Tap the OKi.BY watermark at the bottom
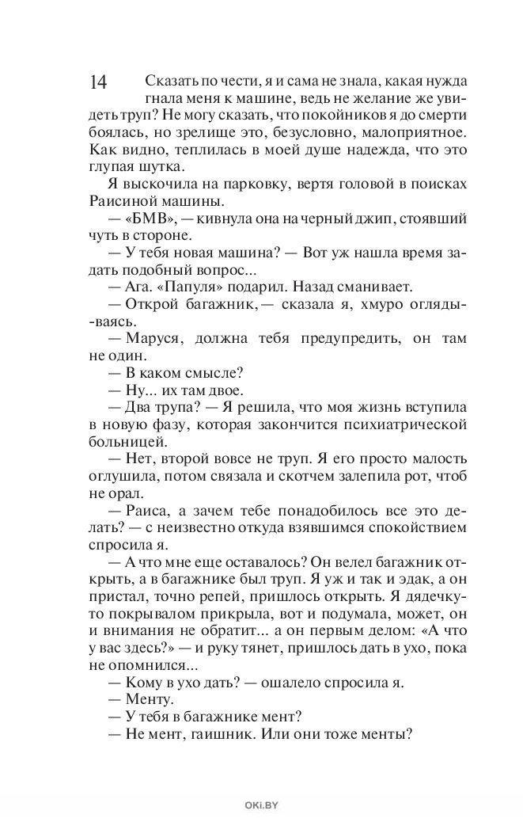(260, 805)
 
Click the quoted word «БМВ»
(151, 218)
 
